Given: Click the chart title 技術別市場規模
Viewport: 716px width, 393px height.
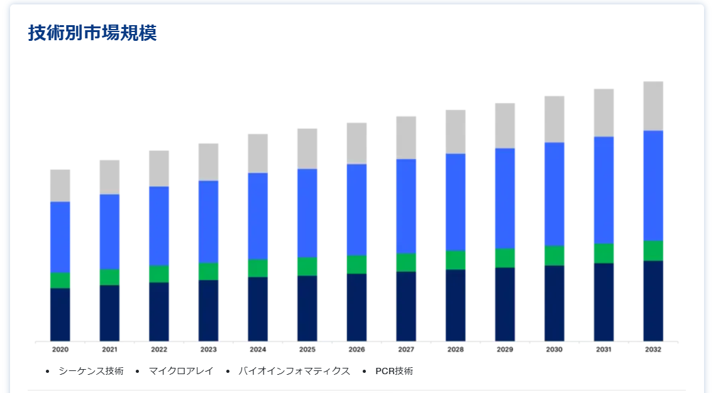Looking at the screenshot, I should coord(92,33).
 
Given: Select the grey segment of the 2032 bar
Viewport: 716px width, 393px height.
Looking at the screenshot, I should coord(653,106).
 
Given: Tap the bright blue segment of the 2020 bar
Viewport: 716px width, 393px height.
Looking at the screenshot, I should coord(60,236).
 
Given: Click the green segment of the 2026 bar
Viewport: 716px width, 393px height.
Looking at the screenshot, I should coord(356,264).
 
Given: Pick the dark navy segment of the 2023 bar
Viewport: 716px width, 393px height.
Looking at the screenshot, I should coord(208,310).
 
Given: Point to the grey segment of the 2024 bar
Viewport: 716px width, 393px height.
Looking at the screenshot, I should coord(258,153).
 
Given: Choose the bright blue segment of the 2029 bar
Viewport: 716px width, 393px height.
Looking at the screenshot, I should coord(505,198).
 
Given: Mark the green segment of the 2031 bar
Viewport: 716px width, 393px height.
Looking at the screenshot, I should coord(603,253).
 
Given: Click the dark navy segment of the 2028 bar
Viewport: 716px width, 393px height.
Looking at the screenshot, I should coord(456,305).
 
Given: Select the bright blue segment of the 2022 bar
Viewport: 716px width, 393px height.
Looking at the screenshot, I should coord(159,226).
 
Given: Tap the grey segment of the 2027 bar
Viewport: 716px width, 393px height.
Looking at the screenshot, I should coord(406,138).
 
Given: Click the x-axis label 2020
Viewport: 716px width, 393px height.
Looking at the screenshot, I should coord(60,350).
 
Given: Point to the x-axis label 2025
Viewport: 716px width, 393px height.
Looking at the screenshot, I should coord(307,350).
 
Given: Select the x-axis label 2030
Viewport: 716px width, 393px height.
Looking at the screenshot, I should coord(554,350).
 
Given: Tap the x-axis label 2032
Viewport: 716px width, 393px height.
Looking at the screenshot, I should coord(653,350).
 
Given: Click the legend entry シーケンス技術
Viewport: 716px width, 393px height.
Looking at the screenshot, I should coord(91,371).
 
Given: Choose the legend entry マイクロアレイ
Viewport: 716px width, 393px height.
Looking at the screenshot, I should coord(181,371).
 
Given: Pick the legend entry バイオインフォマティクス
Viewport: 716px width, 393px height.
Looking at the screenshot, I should coord(294,371).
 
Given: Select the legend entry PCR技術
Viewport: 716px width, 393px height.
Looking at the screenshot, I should coord(394,371).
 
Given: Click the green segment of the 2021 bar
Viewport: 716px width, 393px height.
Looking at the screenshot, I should coord(109,277).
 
